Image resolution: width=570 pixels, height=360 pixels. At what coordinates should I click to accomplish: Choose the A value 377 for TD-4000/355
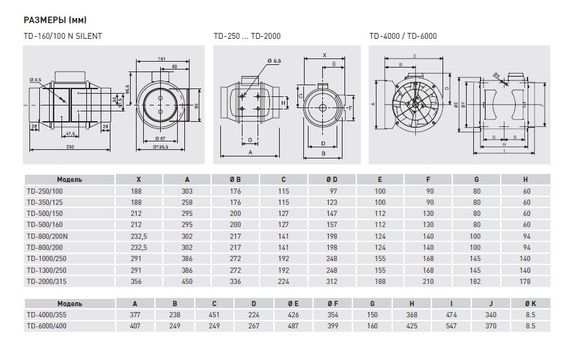[x=136, y=314]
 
